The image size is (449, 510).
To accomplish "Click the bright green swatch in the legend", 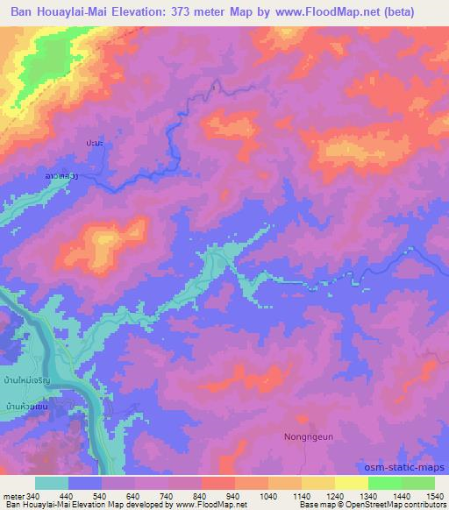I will click(x=385, y=483).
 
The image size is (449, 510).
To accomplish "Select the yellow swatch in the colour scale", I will click(x=352, y=483).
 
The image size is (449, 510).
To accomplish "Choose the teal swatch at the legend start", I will click(x=52, y=483).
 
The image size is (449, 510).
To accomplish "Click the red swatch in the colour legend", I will click(x=218, y=483).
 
